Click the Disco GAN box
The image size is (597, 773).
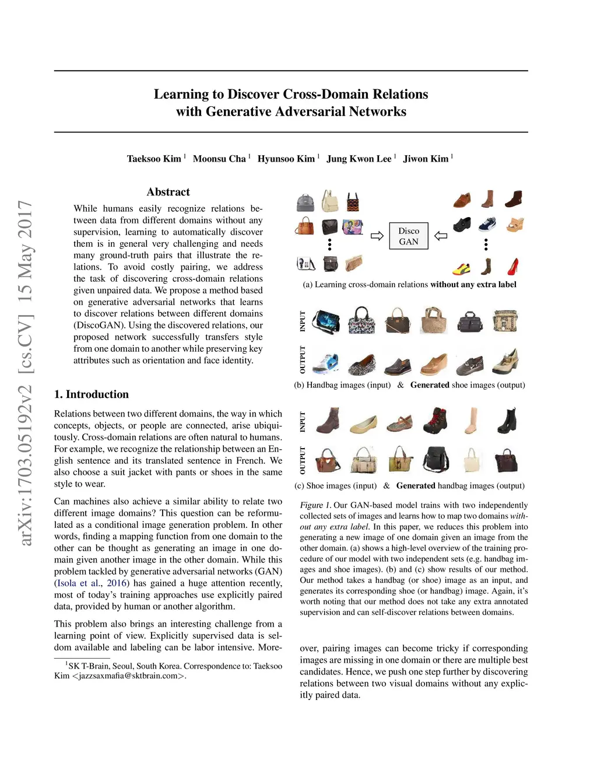coord(408,236)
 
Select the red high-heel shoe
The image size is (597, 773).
coord(513,267)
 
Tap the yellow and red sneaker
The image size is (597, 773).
coord(462,269)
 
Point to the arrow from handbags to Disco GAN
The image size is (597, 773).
coord(377,236)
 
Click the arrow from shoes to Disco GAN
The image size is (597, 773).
coord(441,236)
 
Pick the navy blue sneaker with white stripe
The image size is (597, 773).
coord(487,224)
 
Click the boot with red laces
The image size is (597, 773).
coord(436,421)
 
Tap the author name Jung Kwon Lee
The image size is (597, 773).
coord(359,159)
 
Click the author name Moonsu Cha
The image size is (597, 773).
coord(219,159)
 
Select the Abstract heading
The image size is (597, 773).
coord(168,192)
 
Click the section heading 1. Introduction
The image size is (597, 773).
coord(91,394)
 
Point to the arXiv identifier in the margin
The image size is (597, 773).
coord(25,373)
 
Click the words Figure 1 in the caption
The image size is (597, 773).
coord(315,505)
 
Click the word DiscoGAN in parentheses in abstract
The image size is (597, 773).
coord(99,325)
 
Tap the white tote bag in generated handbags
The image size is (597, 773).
coord(472,460)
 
